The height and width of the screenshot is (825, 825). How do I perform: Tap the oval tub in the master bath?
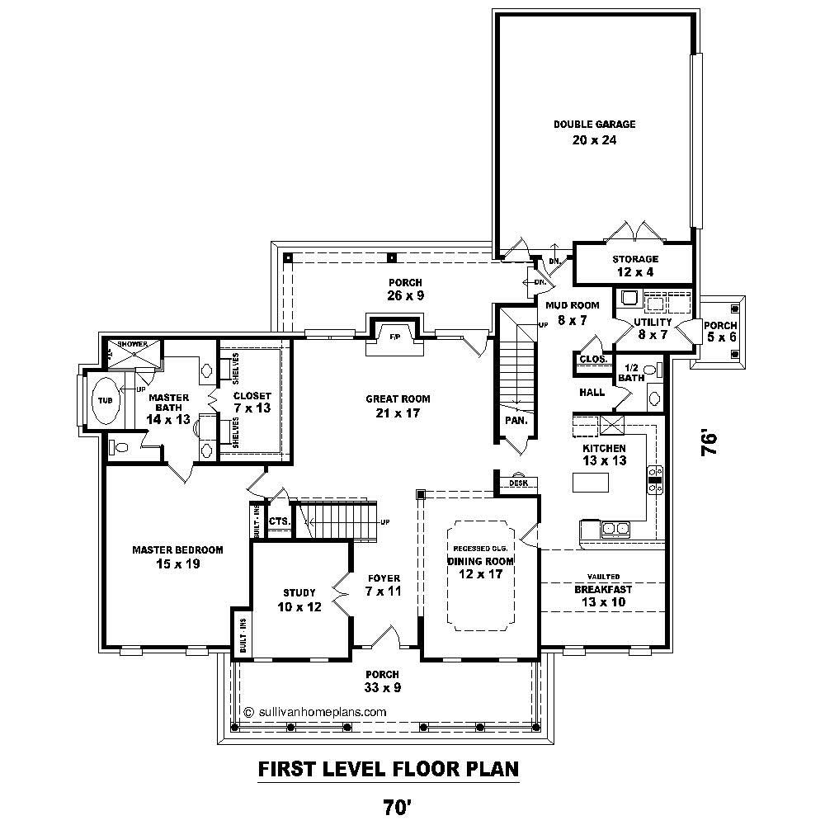click(x=104, y=400)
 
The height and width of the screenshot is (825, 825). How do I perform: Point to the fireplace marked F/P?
click(x=394, y=336)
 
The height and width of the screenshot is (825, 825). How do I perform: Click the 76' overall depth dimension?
click(x=709, y=441)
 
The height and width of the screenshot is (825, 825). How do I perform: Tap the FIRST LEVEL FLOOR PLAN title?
click(x=388, y=769)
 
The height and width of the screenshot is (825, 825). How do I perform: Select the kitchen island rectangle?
click(x=591, y=481)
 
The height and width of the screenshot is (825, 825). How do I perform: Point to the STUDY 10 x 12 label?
click(x=299, y=599)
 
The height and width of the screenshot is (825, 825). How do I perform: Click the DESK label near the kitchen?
click(x=518, y=483)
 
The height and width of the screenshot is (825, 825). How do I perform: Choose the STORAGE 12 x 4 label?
click(x=635, y=266)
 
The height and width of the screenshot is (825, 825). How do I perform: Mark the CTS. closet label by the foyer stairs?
click(x=279, y=521)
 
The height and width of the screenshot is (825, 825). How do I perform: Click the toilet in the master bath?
click(x=120, y=448)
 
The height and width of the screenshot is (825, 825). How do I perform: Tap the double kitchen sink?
click(x=615, y=528)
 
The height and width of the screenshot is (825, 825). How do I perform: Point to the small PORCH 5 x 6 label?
click(x=720, y=331)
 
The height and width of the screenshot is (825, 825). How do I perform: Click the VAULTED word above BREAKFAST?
click(x=603, y=577)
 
